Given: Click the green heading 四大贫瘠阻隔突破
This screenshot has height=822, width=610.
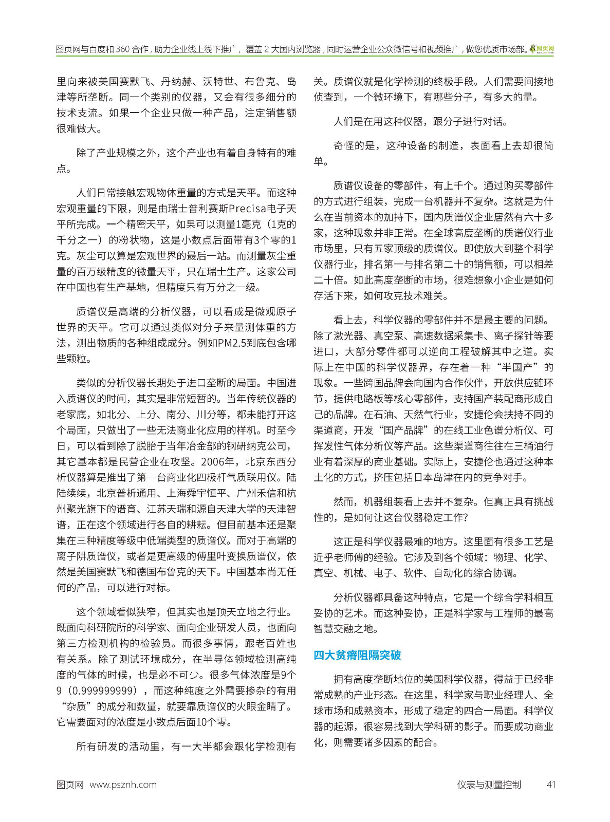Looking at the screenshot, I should [357, 655].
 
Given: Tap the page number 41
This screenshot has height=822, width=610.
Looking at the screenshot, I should [551, 784].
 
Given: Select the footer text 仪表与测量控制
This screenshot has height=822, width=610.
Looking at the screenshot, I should [489, 784].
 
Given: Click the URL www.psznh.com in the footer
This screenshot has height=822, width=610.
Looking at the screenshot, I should [123, 784].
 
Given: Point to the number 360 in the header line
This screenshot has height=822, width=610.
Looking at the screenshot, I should [123, 49].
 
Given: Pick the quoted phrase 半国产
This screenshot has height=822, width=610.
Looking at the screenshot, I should [515, 367].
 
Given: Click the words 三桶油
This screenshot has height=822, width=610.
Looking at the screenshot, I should [523, 446].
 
